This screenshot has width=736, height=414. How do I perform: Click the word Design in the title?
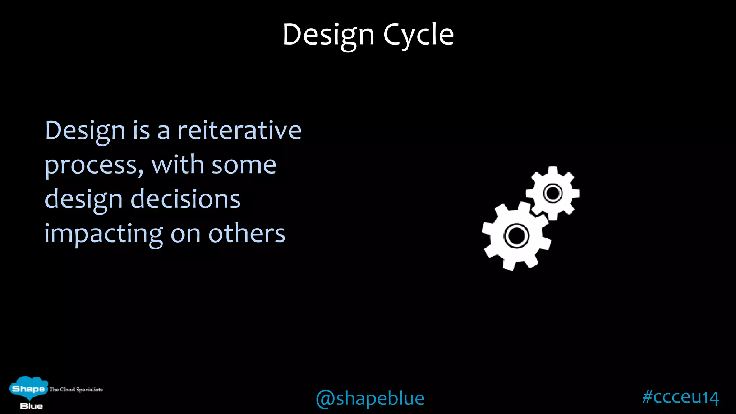pyautogui.click(x=328, y=35)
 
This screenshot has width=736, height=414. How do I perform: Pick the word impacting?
pyautogui.click(x=103, y=234)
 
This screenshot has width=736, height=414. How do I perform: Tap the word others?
pyautogui.click(x=247, y=234)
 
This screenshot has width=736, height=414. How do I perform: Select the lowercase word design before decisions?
pyautogui.click(x=83, y=200)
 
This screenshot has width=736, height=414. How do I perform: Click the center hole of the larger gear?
pyautogui.click(x=517, y=236)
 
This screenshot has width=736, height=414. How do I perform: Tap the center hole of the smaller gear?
pyautogui.click(x=553, y=193)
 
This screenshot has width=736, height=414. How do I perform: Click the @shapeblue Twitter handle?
pyautogui.click(x=370, y=398)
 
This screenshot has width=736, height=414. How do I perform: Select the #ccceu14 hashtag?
pyautogui.click(x=680, y=397)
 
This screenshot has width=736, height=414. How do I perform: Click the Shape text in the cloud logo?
pyautogui.click(x=28, y=389)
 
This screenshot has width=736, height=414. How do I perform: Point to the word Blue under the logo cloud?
pyautogui.click(x=31, y=406)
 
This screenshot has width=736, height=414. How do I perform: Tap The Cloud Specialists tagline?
pyautogui.click(x=76, y=390)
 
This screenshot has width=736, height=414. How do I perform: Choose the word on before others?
pyautogui.click(x=185, y=234)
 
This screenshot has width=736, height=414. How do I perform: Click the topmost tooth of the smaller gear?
pyautogui.click(x=553, y=170)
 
